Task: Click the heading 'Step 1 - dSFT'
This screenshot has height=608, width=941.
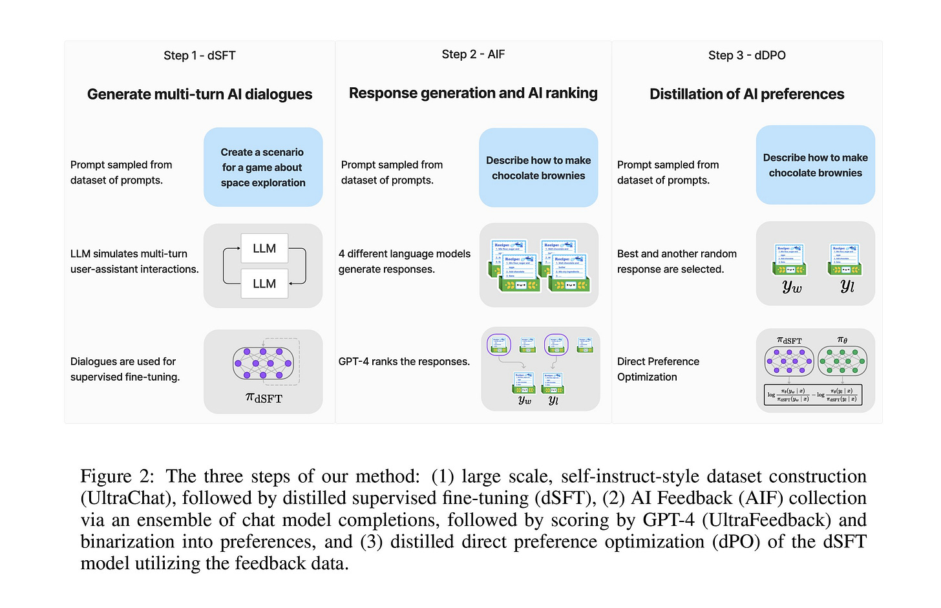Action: (199, 56)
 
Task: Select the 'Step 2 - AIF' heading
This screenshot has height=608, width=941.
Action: (473, 54)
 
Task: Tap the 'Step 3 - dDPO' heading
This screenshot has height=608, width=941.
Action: (746, 56)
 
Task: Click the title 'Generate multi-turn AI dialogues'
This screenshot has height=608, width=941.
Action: (199, 94)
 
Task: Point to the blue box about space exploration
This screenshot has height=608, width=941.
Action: (262, 167)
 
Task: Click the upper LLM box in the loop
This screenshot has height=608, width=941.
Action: (264, 249)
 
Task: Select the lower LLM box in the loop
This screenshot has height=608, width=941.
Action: (264, 284)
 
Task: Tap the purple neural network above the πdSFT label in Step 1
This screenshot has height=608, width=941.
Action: (263, 364)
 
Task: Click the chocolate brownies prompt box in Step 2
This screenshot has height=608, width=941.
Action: (538, 168)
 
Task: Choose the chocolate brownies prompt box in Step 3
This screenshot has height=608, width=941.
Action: (815, 165)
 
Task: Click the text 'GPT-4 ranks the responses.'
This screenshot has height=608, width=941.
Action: (404, 362)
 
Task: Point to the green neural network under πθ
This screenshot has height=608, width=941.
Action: (842, 361)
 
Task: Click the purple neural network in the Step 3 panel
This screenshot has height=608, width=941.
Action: (789, 361)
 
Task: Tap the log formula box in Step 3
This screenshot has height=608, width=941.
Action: (813, 395)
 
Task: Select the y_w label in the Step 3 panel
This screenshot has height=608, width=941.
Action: (791, 287)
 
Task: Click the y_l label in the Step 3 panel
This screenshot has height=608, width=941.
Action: (847, 286)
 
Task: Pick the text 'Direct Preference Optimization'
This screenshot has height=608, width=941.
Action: (658, 369)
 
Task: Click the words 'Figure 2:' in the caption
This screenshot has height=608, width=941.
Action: (117, 477)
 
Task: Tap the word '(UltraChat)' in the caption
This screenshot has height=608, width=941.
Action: (127, 498)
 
